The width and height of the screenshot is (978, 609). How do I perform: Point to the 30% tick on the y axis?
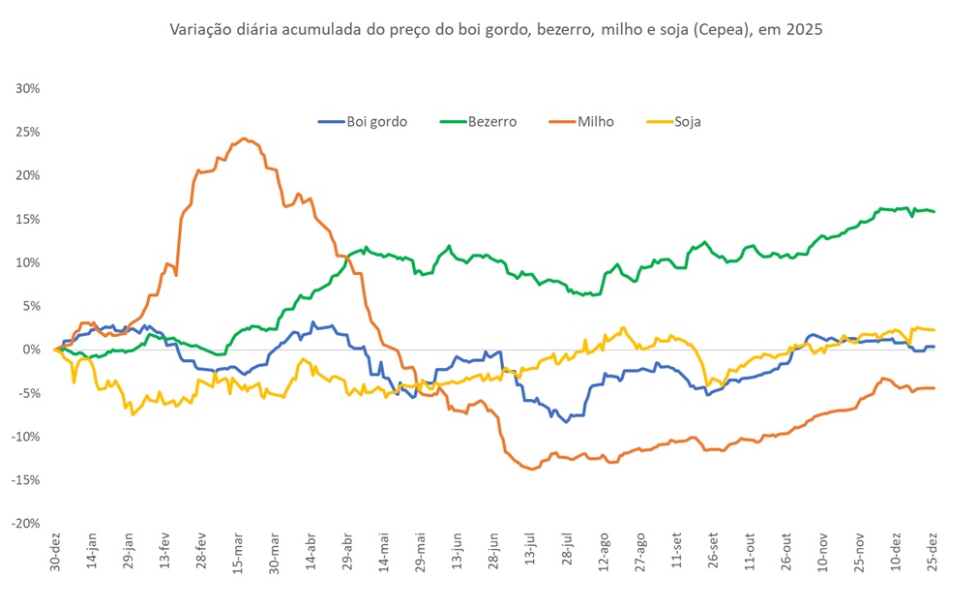[26, 88]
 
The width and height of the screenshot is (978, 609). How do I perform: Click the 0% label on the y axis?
[29, 350]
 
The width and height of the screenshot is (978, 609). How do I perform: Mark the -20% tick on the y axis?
[24, 523]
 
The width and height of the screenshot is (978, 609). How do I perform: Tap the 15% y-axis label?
[26, 219]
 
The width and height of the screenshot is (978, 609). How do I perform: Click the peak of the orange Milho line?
[244, 138]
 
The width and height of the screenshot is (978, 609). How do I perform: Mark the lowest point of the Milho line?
[531, 469]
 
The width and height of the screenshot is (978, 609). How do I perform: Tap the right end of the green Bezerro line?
[934, 211]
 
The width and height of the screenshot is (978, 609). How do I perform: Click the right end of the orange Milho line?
[934, 388]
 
